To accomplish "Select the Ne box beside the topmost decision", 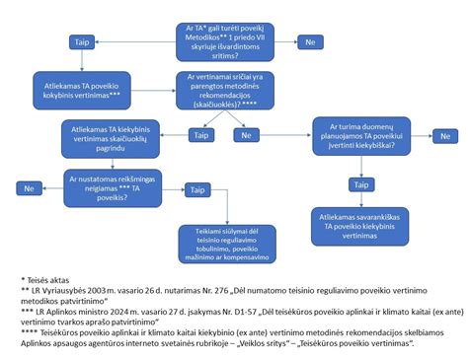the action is click(x=311, y=42).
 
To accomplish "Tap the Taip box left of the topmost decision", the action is click(x=82, y=42).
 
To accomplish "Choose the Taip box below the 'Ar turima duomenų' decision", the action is click(x=359, y=184).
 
